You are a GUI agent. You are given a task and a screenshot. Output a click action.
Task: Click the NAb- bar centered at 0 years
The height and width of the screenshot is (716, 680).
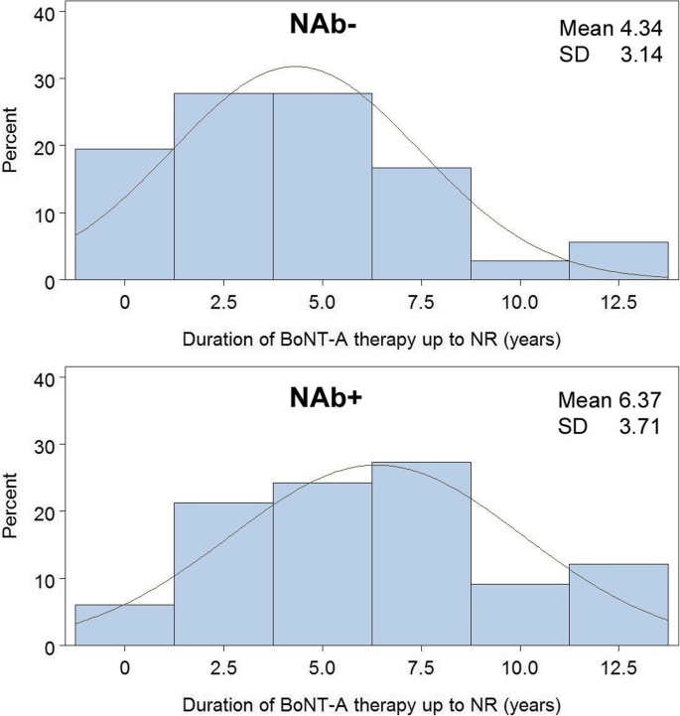pos(125,215)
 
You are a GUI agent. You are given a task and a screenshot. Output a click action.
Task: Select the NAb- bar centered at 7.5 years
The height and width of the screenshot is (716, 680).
pos(421,224)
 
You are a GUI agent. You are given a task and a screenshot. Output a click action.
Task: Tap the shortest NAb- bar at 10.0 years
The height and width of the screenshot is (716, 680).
pos(520,271)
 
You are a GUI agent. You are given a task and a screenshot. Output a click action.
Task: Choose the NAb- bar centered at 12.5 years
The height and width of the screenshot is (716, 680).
pos(618,262)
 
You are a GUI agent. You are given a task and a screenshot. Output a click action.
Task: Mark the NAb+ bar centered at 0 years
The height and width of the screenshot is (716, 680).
pos(125,625)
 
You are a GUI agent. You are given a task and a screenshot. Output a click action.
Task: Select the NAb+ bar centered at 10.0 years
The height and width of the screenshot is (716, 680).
pos(520,615)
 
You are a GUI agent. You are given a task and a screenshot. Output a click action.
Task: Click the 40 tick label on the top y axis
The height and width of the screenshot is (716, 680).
pos(47,11)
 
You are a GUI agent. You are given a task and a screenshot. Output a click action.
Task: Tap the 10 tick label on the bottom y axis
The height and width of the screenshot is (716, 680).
pos(47,578)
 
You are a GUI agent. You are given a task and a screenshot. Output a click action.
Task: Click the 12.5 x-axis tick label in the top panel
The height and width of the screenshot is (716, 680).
pos(618,301)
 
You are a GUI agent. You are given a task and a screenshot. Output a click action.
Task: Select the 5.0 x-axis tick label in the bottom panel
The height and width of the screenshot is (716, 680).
pos(322,665)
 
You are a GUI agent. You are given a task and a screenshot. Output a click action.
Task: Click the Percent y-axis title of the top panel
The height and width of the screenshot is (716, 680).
pos(13,146)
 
